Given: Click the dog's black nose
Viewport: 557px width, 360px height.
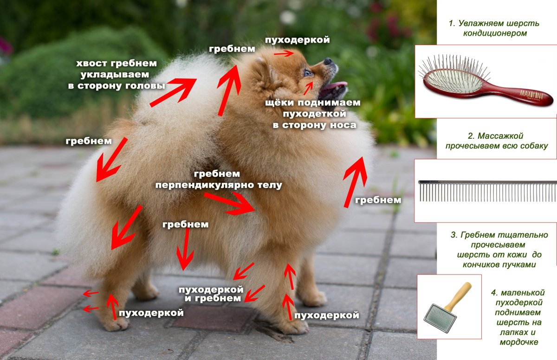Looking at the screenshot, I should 328,61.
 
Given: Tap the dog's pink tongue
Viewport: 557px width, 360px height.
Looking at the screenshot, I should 337,86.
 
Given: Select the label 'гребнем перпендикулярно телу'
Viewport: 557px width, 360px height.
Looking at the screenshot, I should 218,180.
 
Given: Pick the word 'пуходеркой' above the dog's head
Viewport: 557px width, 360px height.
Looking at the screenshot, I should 298,40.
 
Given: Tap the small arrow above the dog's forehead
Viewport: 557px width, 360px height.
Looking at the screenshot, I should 284,53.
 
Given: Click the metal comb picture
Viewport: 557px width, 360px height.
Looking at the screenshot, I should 487,190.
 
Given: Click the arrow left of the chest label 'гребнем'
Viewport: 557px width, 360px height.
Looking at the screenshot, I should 355,181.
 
